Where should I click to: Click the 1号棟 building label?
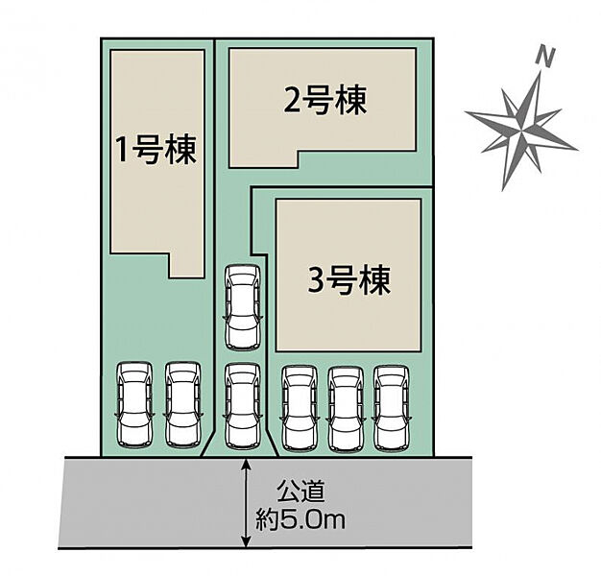click(x=156, y=151)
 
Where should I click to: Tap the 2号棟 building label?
click(x=325, y=101)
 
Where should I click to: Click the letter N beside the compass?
click(x=546, y=57)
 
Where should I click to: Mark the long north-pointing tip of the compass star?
click(x=540, y=74)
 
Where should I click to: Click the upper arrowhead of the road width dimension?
click(x=247, y=463)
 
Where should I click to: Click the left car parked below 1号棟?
click(x=133, y=404)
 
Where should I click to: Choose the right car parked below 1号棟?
click(x=183, y=404)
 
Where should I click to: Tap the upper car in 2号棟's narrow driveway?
click(x=241, y=308)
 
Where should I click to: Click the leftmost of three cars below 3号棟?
click(x=298, y=406)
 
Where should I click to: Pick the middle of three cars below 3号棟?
click(x=346, y=406)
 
